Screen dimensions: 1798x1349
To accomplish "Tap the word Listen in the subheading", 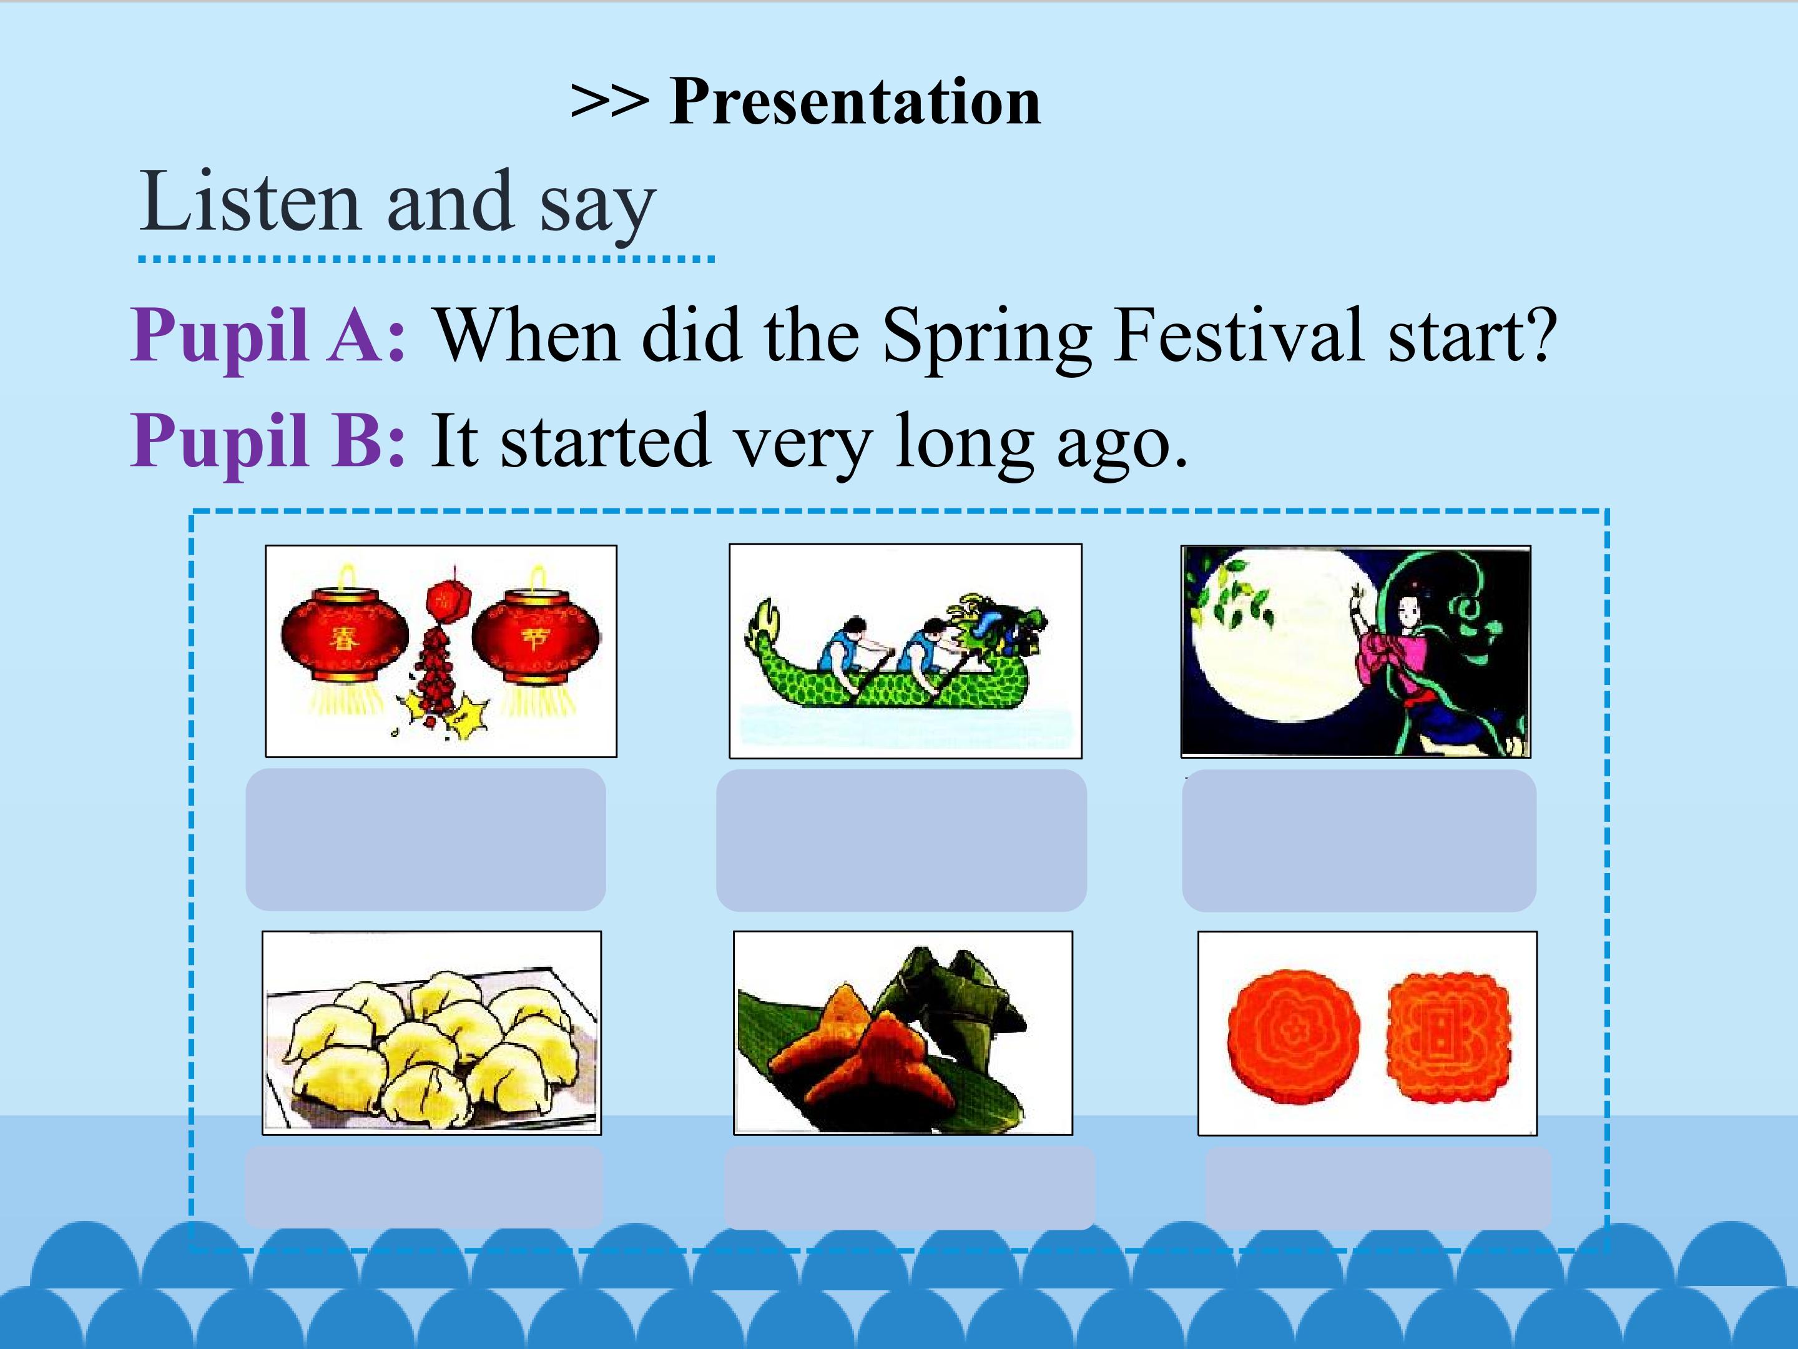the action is pos(250,202).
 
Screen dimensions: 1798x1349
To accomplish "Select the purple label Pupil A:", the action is pos(268,336).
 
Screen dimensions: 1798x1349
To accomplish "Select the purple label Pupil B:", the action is pos(268,441).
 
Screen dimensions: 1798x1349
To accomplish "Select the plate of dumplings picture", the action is pos(431,1033).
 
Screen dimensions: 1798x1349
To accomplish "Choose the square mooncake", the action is pos(1448,1035).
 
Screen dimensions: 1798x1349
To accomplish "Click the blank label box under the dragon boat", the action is pos(901,840).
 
